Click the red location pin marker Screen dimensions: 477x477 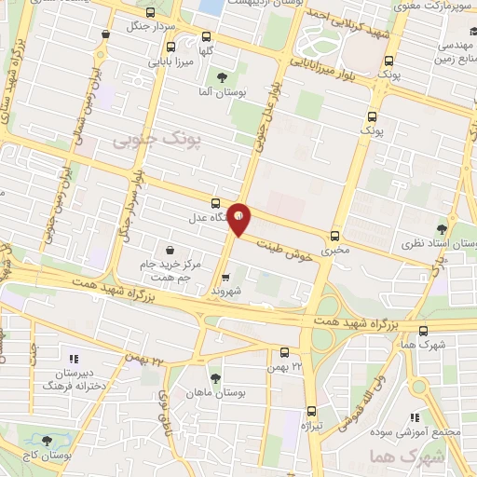[239, 219]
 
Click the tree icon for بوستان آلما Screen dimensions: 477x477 [221, 77]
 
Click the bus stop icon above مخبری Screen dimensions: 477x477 [334, 236]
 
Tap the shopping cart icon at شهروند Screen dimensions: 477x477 [226, 277]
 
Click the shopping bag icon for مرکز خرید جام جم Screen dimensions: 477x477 [170, 249]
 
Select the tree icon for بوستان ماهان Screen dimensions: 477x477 [216, 377]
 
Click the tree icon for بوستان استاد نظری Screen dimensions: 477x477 [442, 226]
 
